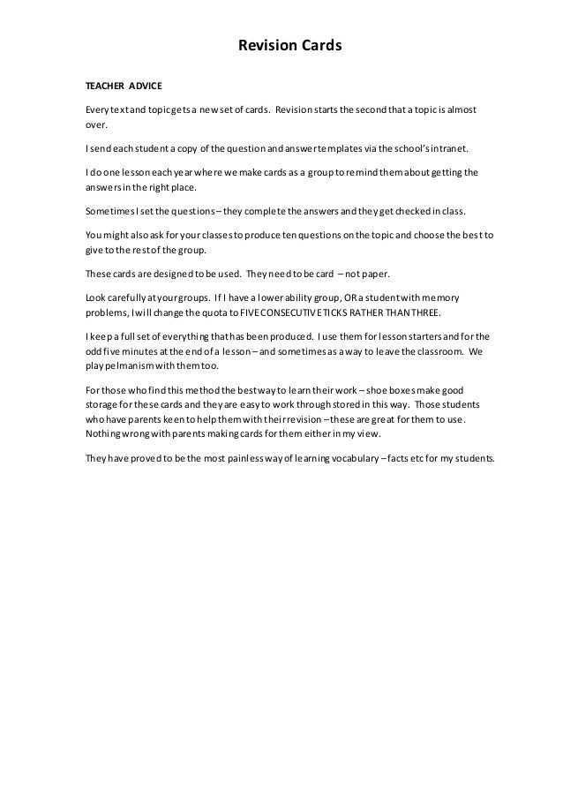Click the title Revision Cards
pos(281,43)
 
